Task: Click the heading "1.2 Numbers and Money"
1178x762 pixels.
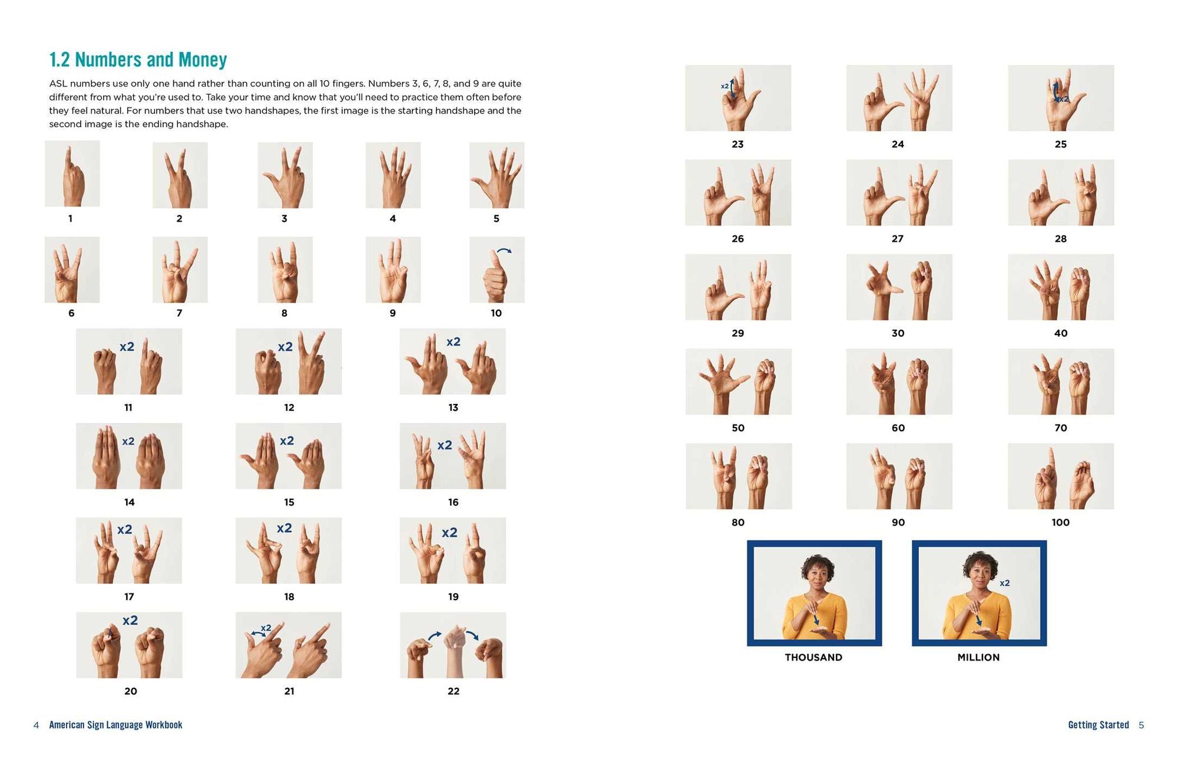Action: (x=138, y=59)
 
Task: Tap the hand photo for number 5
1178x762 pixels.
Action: (x=497, y=175)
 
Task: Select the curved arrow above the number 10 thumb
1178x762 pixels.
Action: (x=504, y=251)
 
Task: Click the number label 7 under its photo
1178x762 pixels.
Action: (x=179, y=313)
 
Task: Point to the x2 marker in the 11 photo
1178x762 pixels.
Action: (x=127, y=347)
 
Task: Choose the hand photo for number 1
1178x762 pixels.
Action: (x=72, y=174)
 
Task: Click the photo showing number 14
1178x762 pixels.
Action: (x=129, y=456)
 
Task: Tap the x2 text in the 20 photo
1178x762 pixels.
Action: (x=130, y=620)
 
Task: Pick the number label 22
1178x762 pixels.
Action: (x=453, y=691)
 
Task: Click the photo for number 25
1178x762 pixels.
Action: (x=1061, y=98)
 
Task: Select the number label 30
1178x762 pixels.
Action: (x=898, y=333)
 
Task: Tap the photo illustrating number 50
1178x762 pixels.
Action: (x=739, y=382)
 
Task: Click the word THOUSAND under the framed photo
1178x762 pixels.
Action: (x=813, y=657)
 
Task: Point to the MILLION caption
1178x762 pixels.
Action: (x=978, y=657)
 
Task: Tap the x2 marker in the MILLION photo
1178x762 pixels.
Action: (x=1005, y=583)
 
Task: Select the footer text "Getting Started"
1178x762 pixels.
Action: (x=1098, y=725)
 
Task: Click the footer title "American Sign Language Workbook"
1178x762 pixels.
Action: (x=115, y=725)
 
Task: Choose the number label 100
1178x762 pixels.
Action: (x=1060, y=522)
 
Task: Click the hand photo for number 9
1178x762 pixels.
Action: (x=393, y=270)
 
